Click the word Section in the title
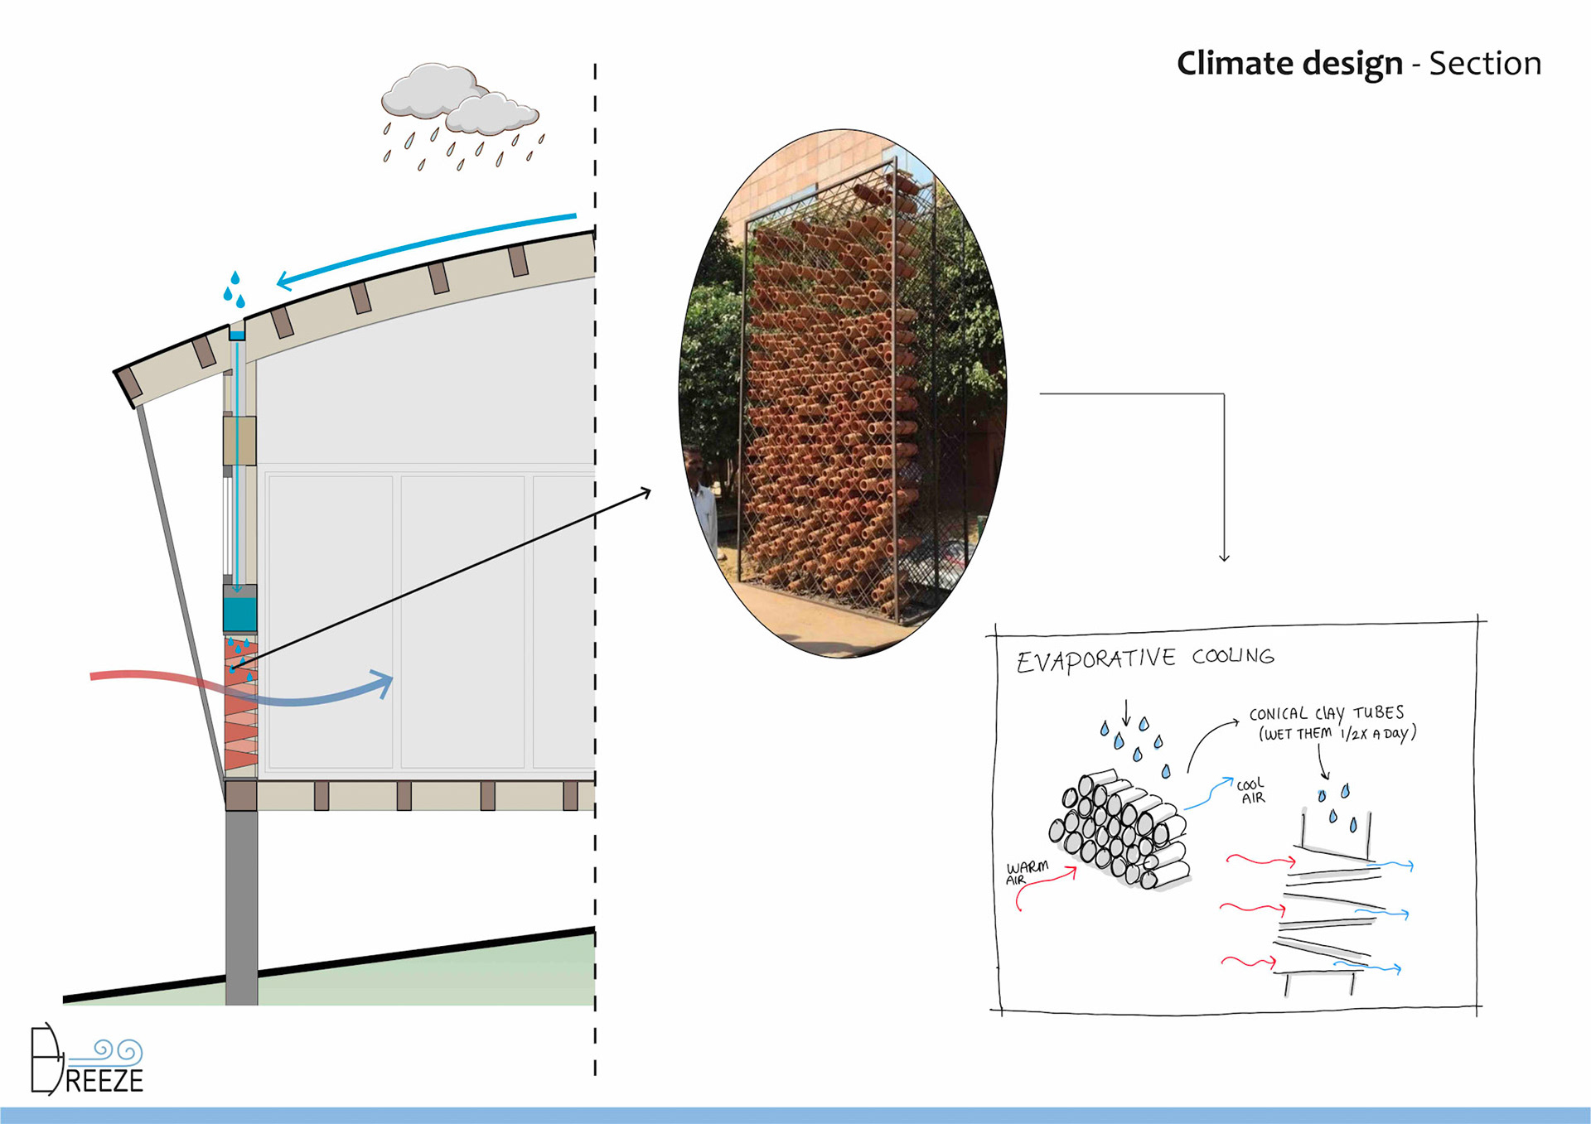pyautogui.click(x=1485, y=64)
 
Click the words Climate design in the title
pyautogui.click(x=1289, y=64)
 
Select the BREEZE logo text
pyautogui.click(x=104, y=1080)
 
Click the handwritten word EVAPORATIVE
pyautogui.click(x=1095, y=660)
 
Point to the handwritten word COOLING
pyautogui.click(x=1233, y=656)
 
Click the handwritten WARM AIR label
pyautogui.click(x=1026, y=871)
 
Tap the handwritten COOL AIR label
pyautogui.click(x=1251, y=790)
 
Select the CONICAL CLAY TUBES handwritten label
pyautogui.click(x=1326, y=713)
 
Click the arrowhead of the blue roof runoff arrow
pyautogui.click(x=284, y=282)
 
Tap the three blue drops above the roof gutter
pyautogui.click(x=235, y=289)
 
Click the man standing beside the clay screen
pyautogui.click(x=702, y=497)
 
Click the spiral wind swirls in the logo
pyautogui.click(x=118, y=1051)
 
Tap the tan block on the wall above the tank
pyautogui.click(x=239, y=440)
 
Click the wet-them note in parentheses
pyautogui.click(x=1337, y=733)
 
